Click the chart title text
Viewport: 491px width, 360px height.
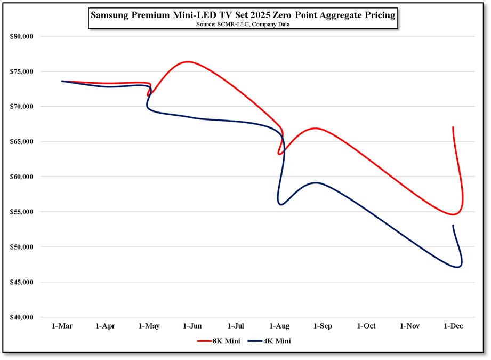pyautogui.click(x=243, y=15)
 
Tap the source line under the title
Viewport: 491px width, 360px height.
pyautogui.click(x=243, y=25)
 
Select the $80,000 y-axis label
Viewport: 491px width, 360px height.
pyautogui.click(x=22, y=36)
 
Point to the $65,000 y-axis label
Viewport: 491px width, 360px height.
pyautogui.click(x=22, y=142)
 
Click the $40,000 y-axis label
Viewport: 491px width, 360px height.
pyautogui.click(x=22, y=317)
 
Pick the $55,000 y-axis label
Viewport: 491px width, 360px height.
pyautogui.click(x=22, y=212)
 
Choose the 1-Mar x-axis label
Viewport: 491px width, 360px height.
pyautogui.click(x=62, y=326)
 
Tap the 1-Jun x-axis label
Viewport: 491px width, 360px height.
pyautogui.click(x=192, y=326)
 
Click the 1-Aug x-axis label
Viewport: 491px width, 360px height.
pyautogui.click(x=279, y=326)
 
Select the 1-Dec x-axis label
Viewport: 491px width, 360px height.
pyautogui.click(x=454, y=326)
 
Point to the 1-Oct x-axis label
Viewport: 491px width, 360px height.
pyautogui.click(x=366, y=326)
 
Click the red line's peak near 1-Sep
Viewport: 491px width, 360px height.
pyautogui.click(x=316, y=128)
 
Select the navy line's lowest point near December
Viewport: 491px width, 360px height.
pyautogui.click(x=457, y=267)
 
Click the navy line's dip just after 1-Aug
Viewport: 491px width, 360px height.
pyautogui.click(x=281, y=204)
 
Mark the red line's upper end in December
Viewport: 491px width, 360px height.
pyautogui.click(x=453, y=127)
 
